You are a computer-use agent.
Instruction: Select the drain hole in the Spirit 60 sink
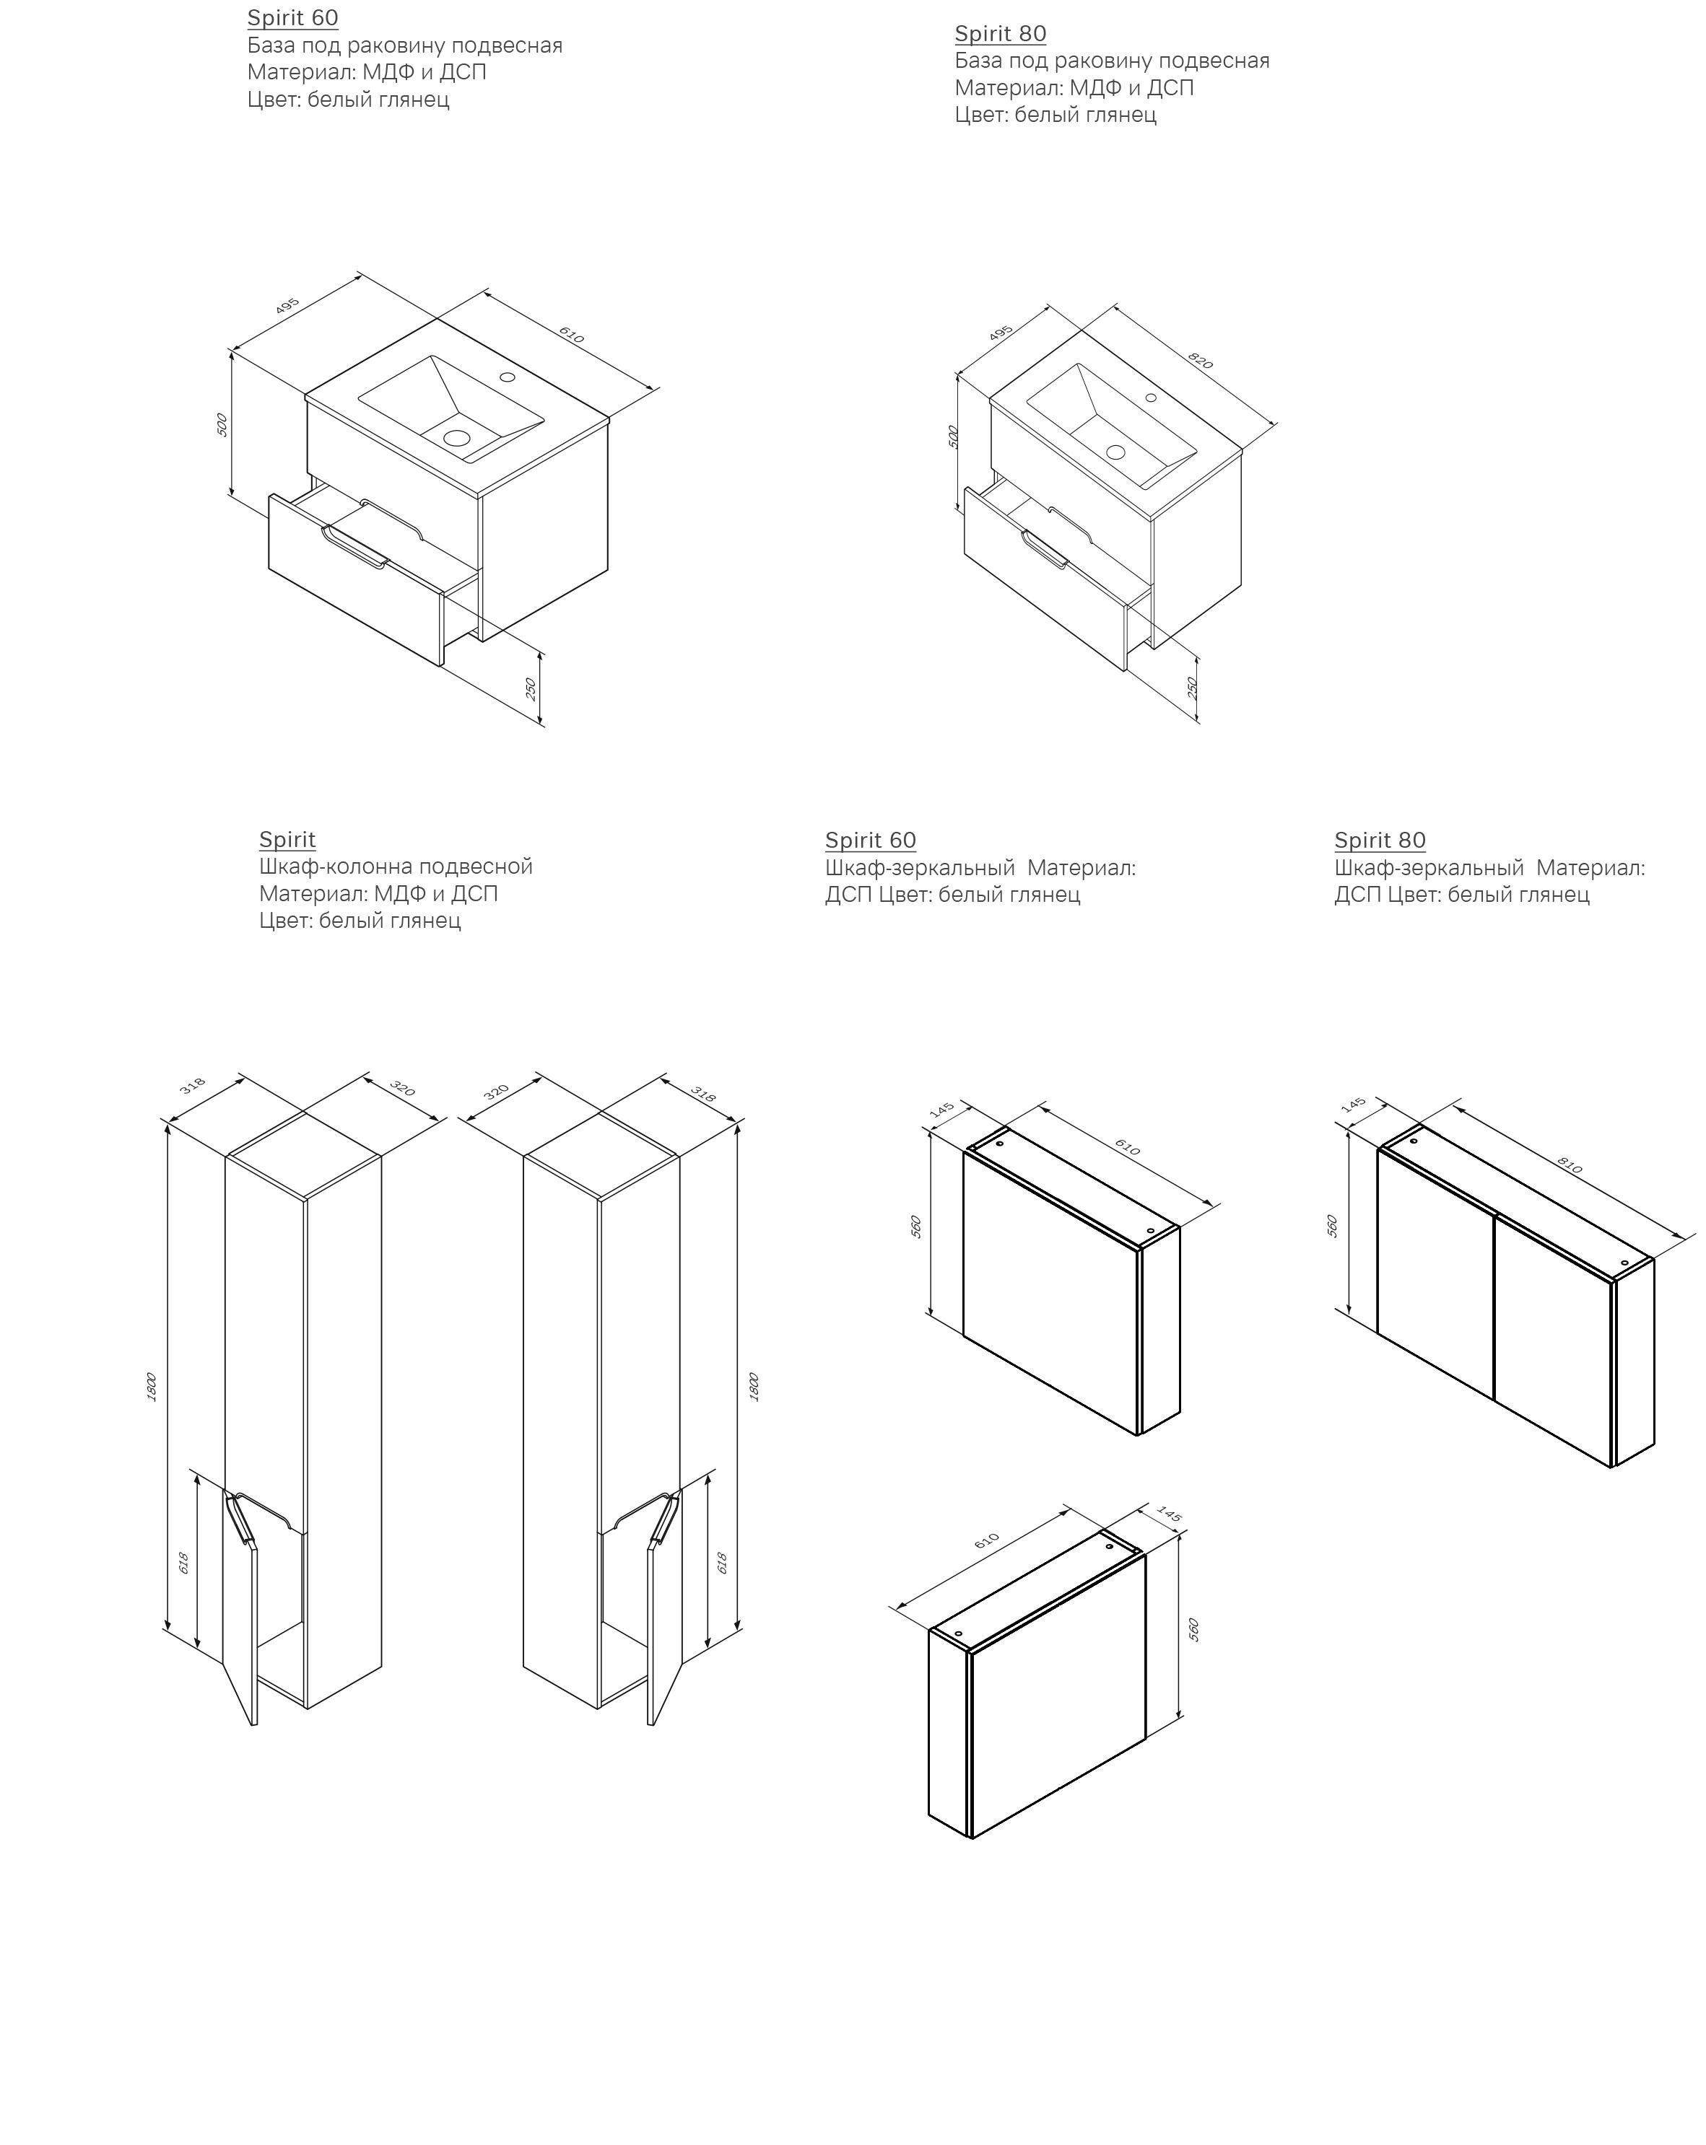(457, 437)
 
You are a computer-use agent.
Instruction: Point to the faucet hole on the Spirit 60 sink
(507, 377)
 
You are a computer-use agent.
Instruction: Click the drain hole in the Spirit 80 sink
(1115, 452)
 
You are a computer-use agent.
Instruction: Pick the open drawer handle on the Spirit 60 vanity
(353, 549)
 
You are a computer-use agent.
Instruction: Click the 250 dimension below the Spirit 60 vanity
(531, 688)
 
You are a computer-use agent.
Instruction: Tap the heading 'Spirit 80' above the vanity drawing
(1001, 34)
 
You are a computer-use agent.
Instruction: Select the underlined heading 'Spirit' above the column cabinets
(287, 840)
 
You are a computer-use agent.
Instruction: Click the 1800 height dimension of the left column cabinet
(152, 1387)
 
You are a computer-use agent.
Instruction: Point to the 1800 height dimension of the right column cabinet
(754, 1387)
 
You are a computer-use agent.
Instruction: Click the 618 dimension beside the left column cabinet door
(184, 1563)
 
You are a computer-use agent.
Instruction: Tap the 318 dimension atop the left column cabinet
(192, 1085)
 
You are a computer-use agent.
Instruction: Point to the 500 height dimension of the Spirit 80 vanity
(952, 437)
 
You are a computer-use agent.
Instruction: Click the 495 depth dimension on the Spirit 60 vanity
(287, 304)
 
